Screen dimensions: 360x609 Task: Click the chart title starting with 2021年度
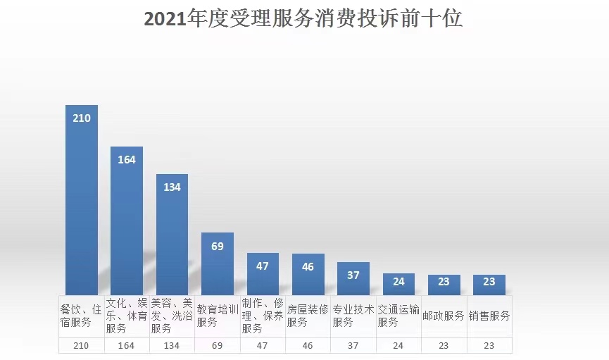(303, 20)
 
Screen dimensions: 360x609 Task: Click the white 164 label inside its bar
(127, 160)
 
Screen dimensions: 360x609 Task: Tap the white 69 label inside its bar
(218, 246)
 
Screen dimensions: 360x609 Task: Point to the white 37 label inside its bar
(353, 275)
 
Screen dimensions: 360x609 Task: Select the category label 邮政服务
(444, 316)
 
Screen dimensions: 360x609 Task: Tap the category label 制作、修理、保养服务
(263, 316)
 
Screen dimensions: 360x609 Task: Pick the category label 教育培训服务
(218, 316)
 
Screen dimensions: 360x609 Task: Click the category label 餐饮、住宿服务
(82, 316)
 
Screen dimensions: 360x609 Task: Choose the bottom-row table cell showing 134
(172, 346)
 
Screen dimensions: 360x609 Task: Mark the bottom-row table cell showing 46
(308, 346)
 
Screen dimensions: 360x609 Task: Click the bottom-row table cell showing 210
(82, 346)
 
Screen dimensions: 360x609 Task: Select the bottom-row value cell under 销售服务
(489, 346)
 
